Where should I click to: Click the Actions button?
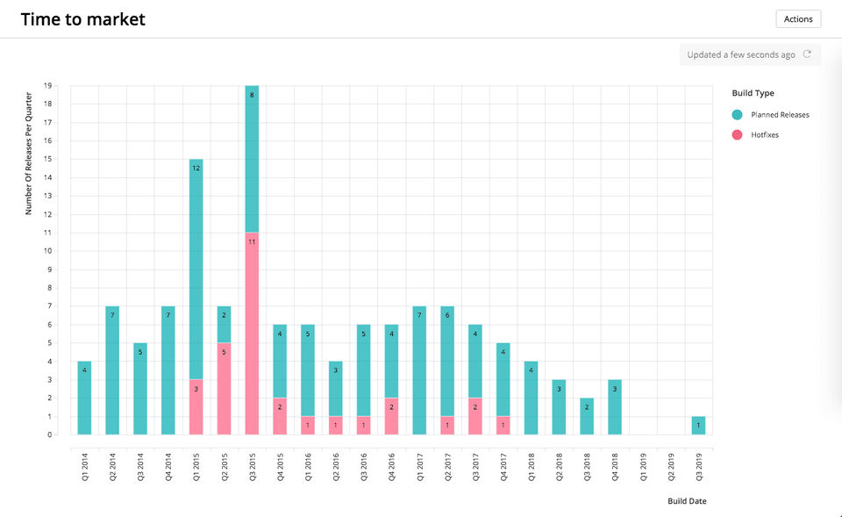pos(798,18)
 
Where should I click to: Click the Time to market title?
pos(83,19)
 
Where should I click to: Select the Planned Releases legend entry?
pos(780,115)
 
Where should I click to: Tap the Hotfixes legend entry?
pos(764,135)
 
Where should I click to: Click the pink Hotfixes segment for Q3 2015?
pos(252,334)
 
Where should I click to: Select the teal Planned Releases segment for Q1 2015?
pos(196,269)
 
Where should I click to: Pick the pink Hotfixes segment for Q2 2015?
pos(224,388)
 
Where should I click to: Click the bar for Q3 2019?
pos(698,425)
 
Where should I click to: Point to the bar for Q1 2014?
pos(84,398)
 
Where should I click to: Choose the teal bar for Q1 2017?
pos(420,370)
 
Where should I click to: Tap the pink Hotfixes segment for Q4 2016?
pos(392,416)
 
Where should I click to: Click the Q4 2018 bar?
pos(615,406)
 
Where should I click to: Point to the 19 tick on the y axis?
pos(47,86)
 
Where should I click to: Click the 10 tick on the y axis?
pos(47,251)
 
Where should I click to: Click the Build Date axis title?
pos(687,501)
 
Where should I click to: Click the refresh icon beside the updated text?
pos(807,54)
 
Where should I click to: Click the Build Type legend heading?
pos(753,93)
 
